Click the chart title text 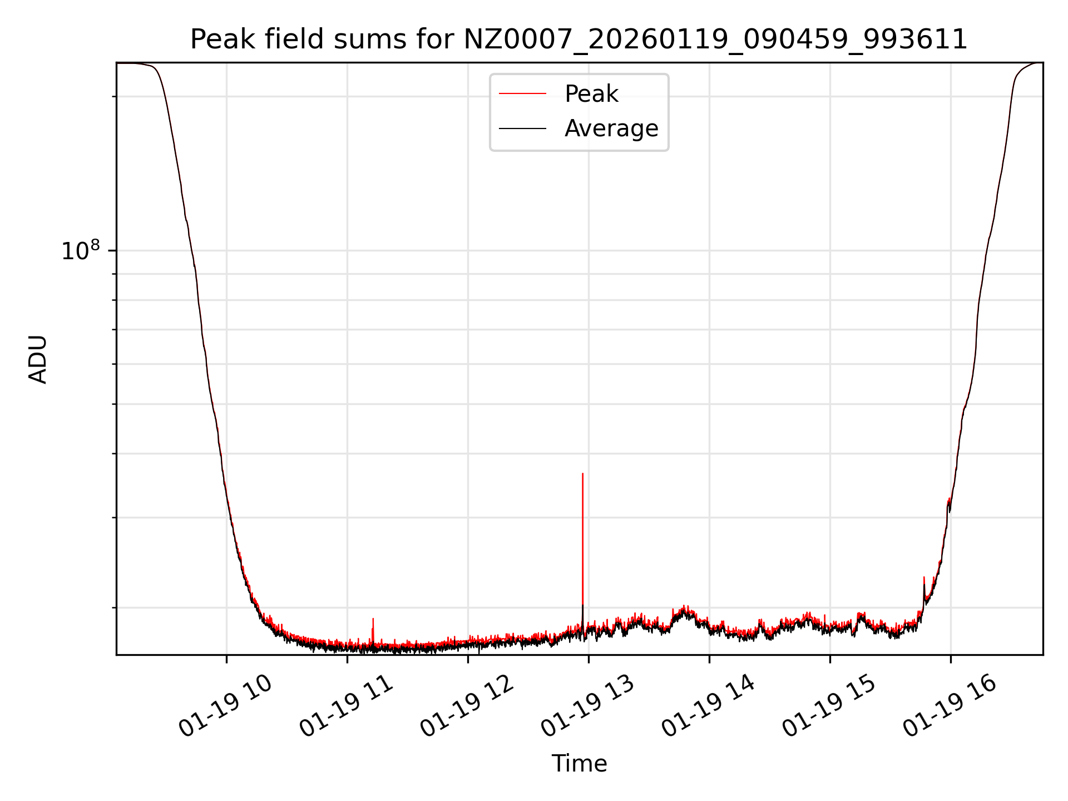(x=578, y=40)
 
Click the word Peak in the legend (x=591, y=94)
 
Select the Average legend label (x=611, y=128)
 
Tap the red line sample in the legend (x=522, y=94)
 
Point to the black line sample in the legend (x=522, y=128)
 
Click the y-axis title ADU (x=38, y=359)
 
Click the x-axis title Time (x=578, y=764)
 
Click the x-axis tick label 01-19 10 (x=225, y=706)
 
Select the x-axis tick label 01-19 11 (x=346, y=706)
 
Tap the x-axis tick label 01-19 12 (x=467, y=706)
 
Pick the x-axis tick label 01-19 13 (x=587, y=706)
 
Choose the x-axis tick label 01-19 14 (x=708, y=706)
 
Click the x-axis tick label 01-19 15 (x=829, y=706)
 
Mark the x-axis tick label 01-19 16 (x=950, y=706)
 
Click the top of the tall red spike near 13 (x=582, y=474)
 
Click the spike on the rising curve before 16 (x=924, y=578)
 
